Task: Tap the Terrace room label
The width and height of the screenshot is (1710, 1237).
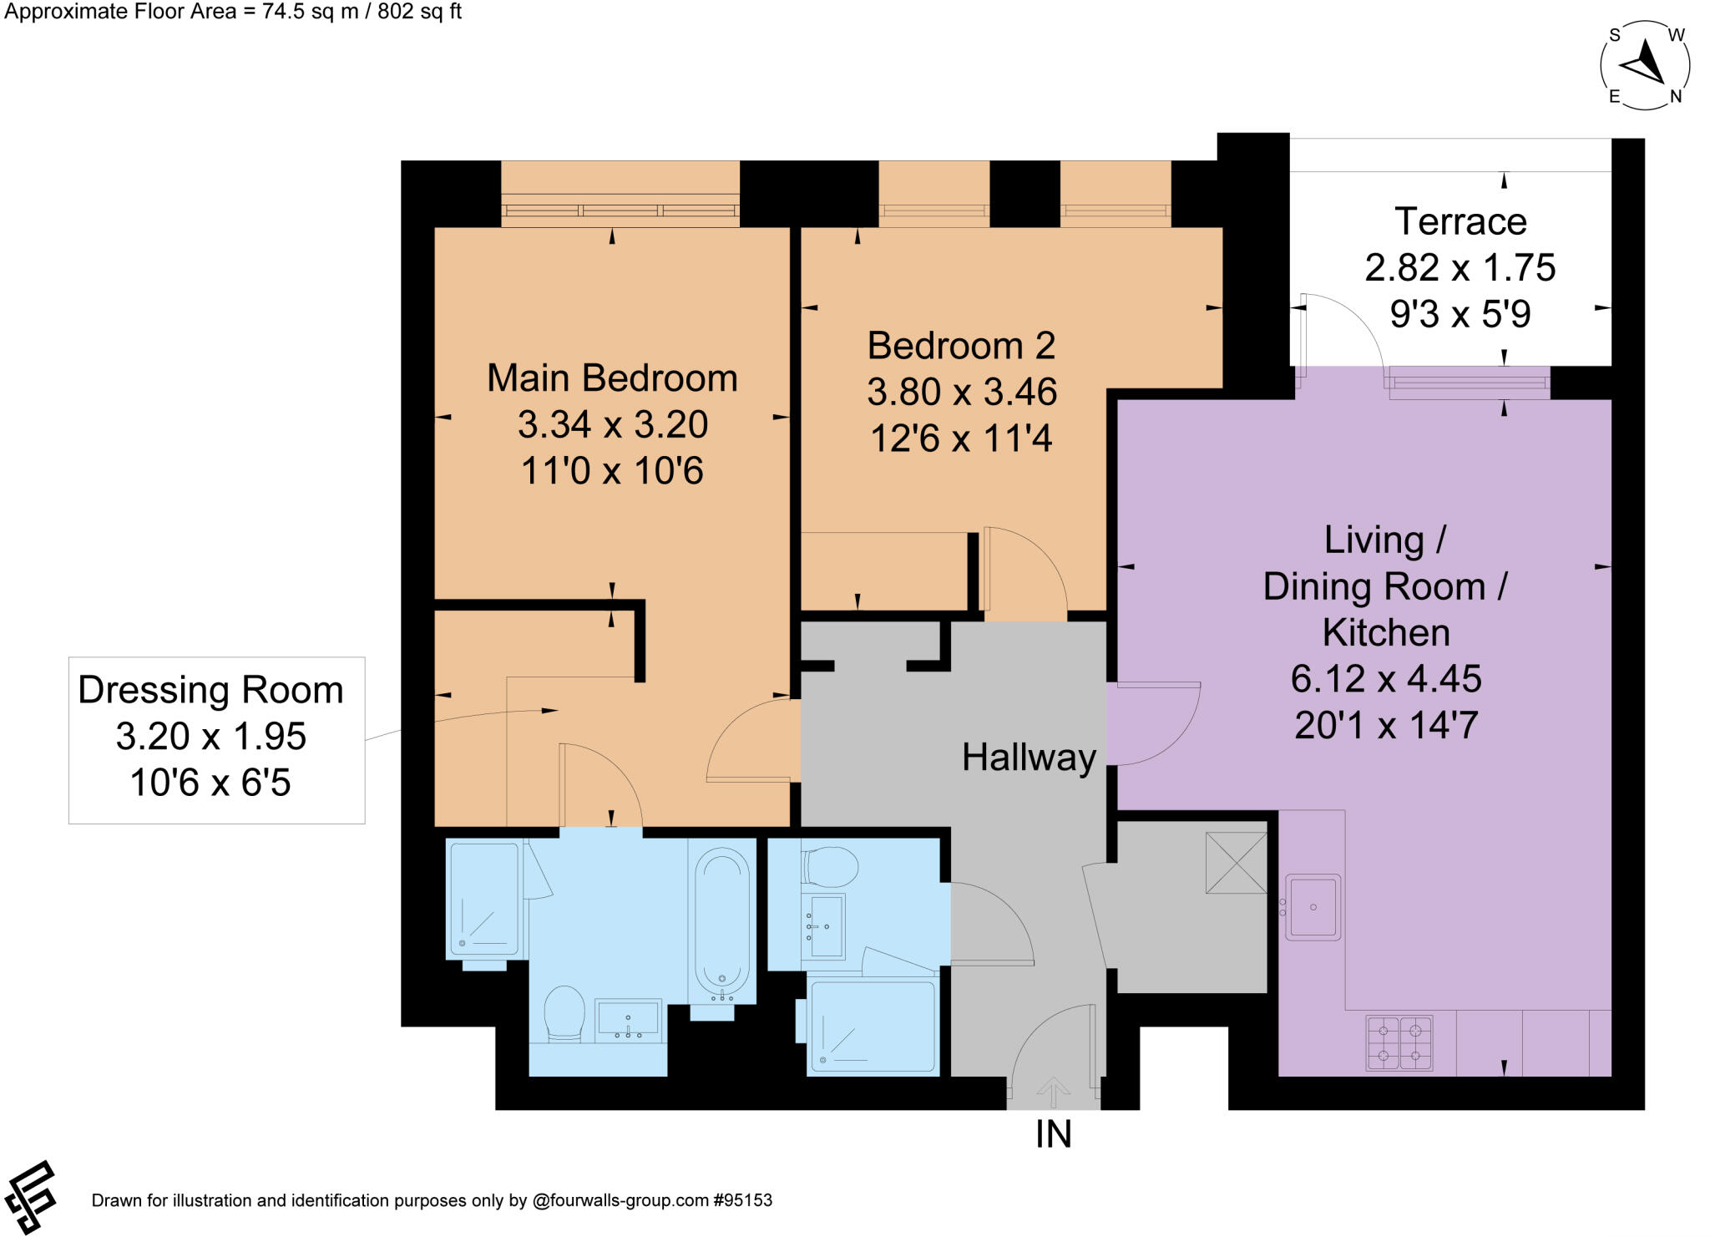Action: pyautogui.click(x=1460, y=222)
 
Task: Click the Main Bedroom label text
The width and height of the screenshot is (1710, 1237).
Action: pyautogui.click(x=612, y=378)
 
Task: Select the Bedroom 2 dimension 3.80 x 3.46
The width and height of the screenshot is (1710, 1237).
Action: pyautogui.click(x=962, y=393)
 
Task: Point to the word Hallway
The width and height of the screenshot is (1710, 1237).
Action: pyautogui.click(x=1029, y=758)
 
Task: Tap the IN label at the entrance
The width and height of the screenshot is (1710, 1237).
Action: pyautogui.click(x=1053, y=1134)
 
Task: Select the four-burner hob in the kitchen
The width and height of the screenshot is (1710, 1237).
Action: pyautogui.click(x=1399, y=1042)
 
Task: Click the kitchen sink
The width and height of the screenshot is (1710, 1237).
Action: pyautogui.click(x=1313, y=907)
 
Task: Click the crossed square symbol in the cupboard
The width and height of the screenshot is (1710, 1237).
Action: pyautogui.click(x=1236, y=863)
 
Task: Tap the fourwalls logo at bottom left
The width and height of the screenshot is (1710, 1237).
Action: pyautogui.click(x=28, y=1197)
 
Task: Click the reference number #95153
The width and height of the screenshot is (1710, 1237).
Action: pyautogui.click(x=742, y=1200)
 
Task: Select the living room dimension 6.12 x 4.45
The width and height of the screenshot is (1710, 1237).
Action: pyautogui.click(x=1386, y=679)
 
